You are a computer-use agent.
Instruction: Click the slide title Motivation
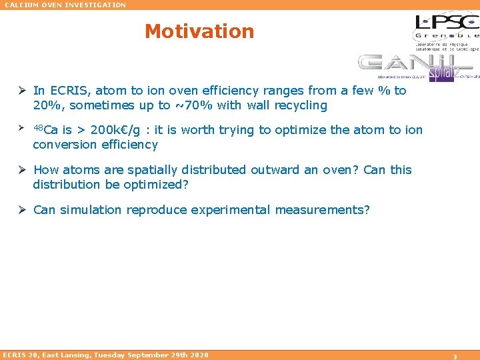pos(199,31)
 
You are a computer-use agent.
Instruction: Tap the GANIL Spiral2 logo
pos(415,67)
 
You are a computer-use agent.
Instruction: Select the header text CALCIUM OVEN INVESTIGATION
pos(65,5)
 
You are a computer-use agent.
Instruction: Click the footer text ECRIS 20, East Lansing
pos(105,355)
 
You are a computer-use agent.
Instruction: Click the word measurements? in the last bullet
pos(323,210)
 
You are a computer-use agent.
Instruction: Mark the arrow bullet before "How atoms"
pos(23,170)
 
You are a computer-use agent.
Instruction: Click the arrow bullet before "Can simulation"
pos(23,210)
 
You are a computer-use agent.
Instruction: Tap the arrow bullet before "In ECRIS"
pos(23,91)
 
